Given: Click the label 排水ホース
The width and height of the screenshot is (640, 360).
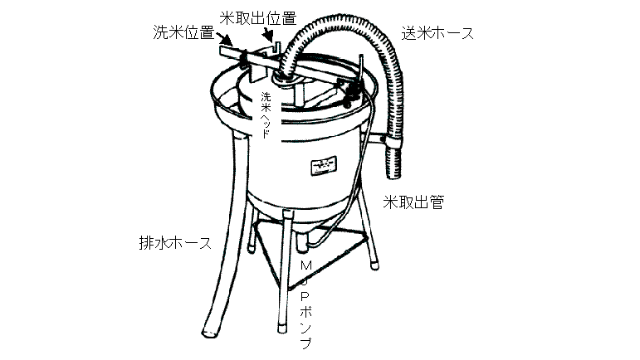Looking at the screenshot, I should [x=174, y=244].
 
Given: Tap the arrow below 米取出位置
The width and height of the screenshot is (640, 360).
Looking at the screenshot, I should [x=267, y=36].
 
